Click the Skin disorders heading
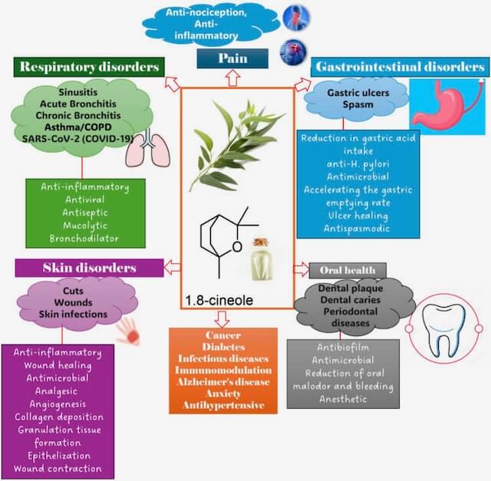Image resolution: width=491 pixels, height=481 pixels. pyautogui.click(x=88, y=268)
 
